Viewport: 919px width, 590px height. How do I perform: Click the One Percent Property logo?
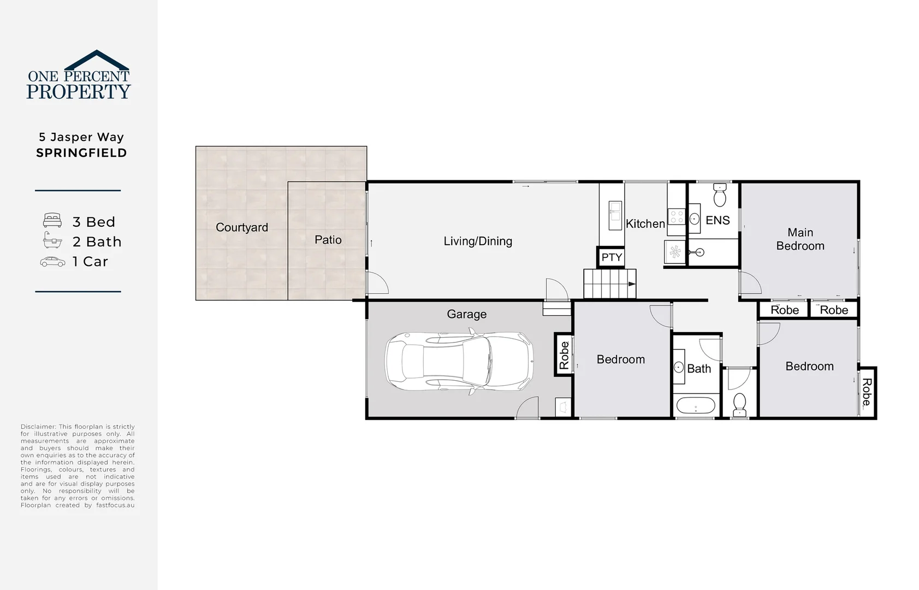tap(79, 75)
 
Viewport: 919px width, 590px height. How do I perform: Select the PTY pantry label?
tap(611, 257)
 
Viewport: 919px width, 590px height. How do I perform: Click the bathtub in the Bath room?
tap(696, 406)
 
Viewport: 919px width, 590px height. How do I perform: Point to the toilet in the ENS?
tap(720, 195)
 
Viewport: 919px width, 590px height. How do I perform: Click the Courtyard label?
tap(241, 227)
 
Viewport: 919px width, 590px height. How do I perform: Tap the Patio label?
tap(328, 240)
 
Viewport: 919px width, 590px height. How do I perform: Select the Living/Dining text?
tap(478, 241)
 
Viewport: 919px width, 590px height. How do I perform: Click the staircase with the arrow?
tap(609, 284)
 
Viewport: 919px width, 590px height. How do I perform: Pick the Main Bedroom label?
tap(800, 239)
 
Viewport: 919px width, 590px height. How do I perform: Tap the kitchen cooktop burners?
tap(677, 217)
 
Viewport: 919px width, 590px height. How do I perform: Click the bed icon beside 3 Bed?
tap(52, 221)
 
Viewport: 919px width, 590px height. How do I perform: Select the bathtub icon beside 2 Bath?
tap(52, 240)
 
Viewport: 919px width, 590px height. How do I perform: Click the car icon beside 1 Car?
tap(52, 262)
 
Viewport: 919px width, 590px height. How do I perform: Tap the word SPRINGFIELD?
tap(81, 153)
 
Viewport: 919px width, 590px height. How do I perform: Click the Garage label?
tap(466, 314)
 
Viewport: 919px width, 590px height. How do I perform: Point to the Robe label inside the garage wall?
tap(564, 355)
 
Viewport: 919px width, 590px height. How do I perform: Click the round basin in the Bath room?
tap(679, 367)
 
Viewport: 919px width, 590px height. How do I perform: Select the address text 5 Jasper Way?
tap(81, 137)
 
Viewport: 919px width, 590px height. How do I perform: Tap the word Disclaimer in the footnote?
tap(38, 427)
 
